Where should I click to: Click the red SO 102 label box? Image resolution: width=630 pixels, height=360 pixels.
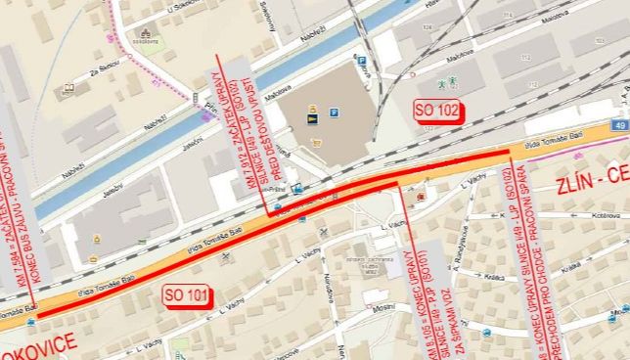pyautogui.click(x=436, y=110)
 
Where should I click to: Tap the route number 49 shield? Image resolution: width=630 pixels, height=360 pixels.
pyautogui.click(x=620, y=125)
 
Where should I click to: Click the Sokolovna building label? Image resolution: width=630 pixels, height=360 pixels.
pyautogui.click(x=147, y=42)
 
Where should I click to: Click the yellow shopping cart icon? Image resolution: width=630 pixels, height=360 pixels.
pyautogui.click(x=315, y=142)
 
